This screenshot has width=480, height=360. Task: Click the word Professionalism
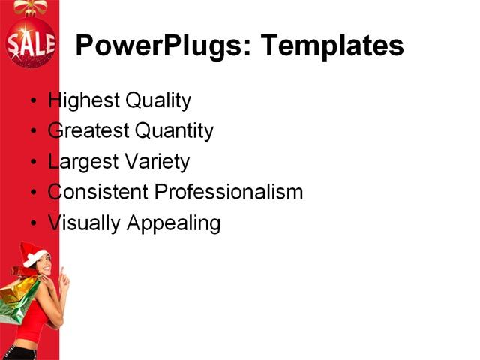[229, 193]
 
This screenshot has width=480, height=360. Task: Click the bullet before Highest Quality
[31, 101]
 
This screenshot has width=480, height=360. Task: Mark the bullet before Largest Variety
[31, 163]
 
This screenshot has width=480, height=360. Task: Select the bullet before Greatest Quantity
[31, 132]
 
